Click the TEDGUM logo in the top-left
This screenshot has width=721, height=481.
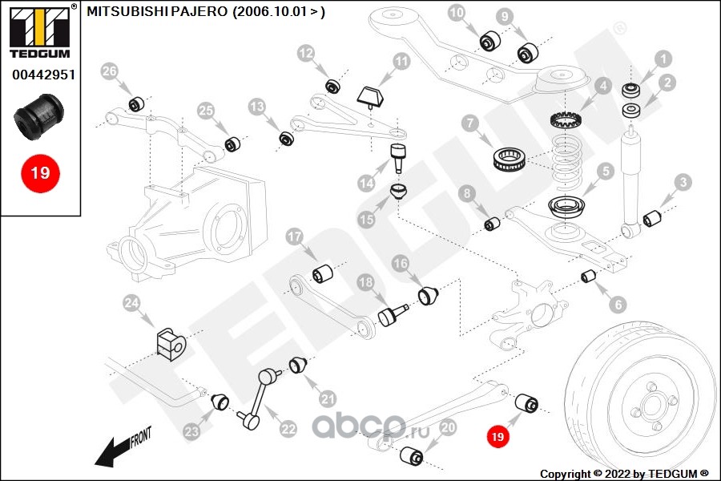pos(39,33)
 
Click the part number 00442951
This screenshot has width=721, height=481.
pos(43,76)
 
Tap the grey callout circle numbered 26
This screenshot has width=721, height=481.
pos(110,72)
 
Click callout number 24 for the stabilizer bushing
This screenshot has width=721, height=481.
pos(131,302)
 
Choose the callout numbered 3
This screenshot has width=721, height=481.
pos(682,182)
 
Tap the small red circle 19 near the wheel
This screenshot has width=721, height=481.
pos(497,436)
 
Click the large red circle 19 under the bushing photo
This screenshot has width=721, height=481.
pos(40,172)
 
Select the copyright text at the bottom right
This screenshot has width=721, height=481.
pos(624,473)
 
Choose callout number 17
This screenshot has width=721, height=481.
pos(294,237)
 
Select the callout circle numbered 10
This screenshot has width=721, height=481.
pos(456,13)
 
